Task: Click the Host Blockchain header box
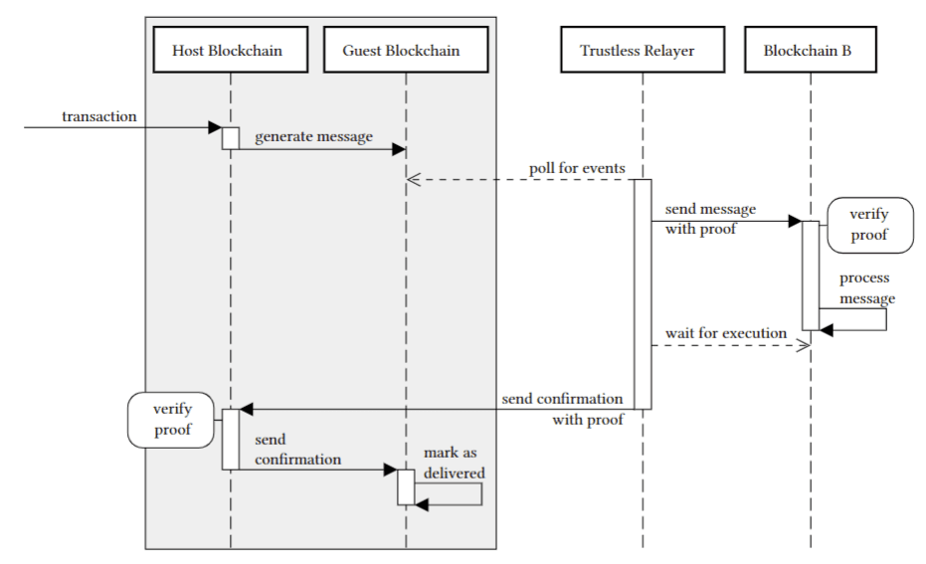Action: (230, 50)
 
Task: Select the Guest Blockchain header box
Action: (405, 50)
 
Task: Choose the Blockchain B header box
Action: (810, 50)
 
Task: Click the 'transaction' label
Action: (99, 116)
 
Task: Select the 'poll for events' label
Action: (577, 168)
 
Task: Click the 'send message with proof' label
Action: (710, 220)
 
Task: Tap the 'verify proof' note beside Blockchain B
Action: (868, 224)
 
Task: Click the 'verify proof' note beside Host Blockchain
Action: (172, 420)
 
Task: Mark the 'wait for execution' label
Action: (725, 332)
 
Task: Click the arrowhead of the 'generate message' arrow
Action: (400, 149)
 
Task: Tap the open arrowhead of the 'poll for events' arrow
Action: (414, 180)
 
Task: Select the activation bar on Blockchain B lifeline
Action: (810, 275)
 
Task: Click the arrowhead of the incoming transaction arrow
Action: (215, 127)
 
